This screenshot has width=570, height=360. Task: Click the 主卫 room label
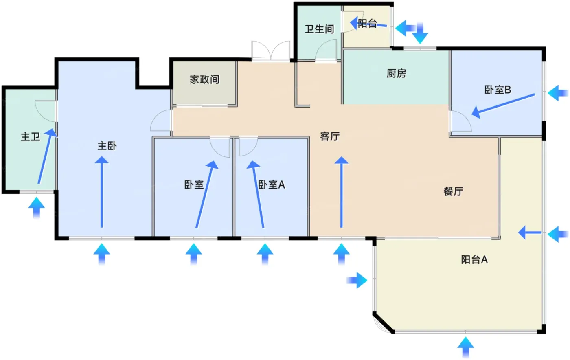pos(30,137)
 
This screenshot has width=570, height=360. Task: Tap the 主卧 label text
pos(107,146)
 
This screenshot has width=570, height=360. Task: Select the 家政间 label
pos(204,79)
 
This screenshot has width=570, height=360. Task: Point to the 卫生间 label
pos(319,29)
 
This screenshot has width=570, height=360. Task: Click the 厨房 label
pos(397,73)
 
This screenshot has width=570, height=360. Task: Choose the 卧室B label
pos(498,90)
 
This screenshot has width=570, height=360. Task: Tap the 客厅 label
pos(330,136)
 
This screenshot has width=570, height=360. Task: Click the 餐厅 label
pos(453,191)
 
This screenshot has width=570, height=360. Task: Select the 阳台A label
pos(474,260)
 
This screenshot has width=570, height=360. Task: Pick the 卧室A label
pos(272,184)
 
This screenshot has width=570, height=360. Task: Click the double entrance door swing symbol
pos(271,51)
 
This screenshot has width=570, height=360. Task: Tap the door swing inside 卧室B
pos(460,121)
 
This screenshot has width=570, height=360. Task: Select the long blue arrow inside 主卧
pos(102,192)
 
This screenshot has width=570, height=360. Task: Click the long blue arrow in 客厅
pos(341,192)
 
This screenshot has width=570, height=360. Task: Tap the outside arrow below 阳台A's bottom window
pos(466,347)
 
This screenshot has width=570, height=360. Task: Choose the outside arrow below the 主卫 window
pos(37,208)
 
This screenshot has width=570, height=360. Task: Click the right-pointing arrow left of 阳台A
pos(357,280)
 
